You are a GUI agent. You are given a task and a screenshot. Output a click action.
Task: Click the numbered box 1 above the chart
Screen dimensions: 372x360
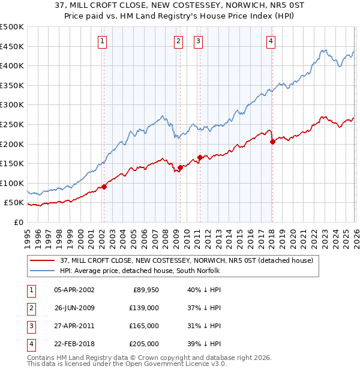[103, 41]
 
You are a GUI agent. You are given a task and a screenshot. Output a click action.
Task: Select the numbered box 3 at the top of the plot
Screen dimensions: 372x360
[198, 41]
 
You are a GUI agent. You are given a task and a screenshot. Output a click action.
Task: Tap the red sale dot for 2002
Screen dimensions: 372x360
[104, 187]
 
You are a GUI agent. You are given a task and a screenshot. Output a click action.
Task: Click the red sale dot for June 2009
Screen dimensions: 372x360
[180, 167]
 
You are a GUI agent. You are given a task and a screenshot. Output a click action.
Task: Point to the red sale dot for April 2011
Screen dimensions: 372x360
[200, 157]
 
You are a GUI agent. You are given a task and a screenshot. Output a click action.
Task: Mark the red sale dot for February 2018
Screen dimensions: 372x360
[272, 142]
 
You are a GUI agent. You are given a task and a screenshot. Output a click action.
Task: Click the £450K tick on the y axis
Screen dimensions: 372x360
[12, 47]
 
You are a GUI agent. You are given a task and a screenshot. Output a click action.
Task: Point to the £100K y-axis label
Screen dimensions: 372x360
[12, 183]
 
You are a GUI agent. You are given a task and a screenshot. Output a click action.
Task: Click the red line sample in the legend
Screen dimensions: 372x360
[43, 260]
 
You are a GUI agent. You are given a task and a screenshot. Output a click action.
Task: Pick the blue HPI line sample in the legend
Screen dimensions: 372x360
[43, 271]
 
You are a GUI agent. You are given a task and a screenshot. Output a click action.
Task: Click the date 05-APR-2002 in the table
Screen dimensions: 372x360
[74, 290]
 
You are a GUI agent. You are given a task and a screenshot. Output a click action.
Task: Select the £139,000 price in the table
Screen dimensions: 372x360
[144, 308]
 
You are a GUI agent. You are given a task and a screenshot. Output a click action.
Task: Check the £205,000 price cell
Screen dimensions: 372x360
[144, 344]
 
